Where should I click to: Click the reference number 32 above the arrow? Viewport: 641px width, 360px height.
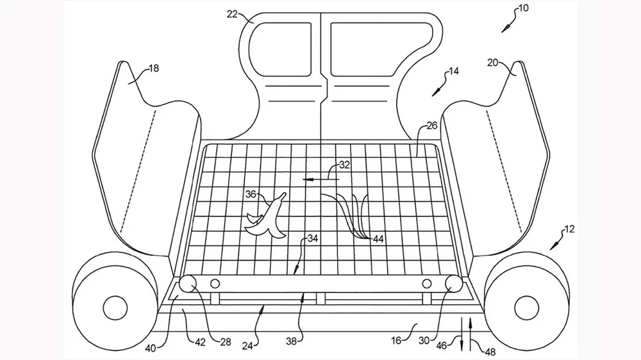pyautogui.click(x=344, y=165)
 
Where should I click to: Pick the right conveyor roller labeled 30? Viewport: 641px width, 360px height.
pyautogui.click(x=453, y=282)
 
